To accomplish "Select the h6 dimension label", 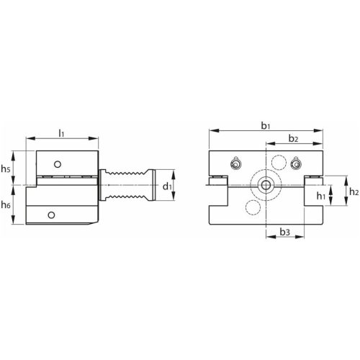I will tap(6, 206).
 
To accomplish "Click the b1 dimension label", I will tap(266, 125).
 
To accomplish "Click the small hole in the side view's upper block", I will tap(62, 161).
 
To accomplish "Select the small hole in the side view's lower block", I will tap(51, 215).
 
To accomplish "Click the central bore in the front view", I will tap(266, 186).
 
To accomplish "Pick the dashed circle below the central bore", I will tap(253, 209).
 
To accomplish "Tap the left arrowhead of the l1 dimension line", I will tap(27, 138).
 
